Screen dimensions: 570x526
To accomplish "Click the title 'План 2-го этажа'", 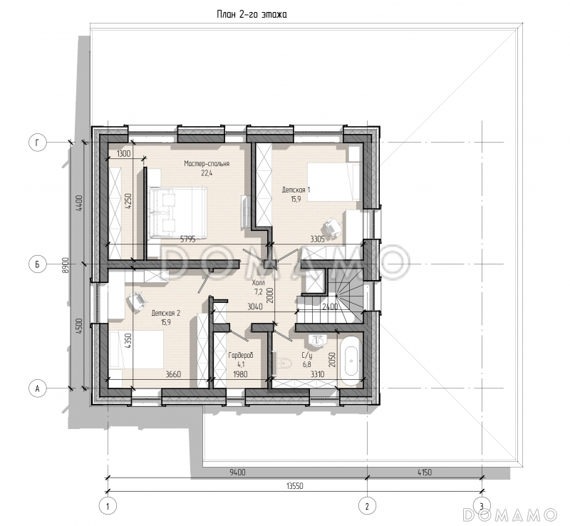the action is (x=252, y=14).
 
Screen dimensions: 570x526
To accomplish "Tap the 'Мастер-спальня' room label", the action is (x=207, y=164).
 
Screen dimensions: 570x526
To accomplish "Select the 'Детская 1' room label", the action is (x=296, y=190).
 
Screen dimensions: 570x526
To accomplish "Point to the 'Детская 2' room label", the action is (x=166, y=313).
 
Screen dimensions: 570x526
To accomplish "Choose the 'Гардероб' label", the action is (x=240, y=355).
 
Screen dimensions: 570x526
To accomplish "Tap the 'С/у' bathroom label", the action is (x=307, y=356).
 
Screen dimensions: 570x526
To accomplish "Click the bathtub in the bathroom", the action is (x=351, y=360).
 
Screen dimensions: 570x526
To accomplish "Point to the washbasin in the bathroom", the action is (x=318, y=341).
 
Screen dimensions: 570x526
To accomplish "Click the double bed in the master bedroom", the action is (x=177, y=213).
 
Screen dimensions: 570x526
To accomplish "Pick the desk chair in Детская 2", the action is (x=136, y=302).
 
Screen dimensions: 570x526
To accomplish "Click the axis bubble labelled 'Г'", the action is (x=38, y=143).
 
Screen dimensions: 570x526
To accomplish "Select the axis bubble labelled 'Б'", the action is (x=38, y=264).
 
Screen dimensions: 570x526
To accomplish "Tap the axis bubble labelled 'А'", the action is (x=38, y=388).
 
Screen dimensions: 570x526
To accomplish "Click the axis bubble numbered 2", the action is (x=367, y=506).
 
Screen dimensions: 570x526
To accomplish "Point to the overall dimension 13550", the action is (x=294, y=486).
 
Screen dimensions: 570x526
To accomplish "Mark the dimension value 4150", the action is (x=424, y=473).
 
